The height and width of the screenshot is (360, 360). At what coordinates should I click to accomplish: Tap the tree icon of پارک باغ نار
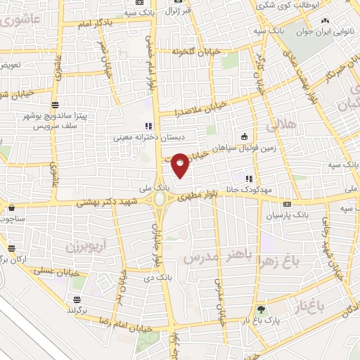point(262,309)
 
